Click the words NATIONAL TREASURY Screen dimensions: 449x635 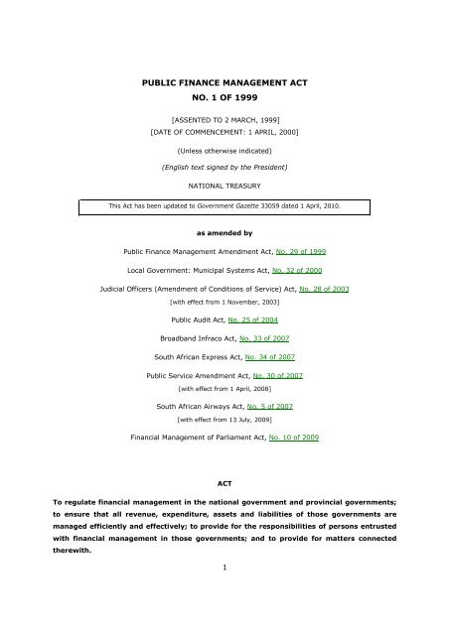point(224,186)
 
